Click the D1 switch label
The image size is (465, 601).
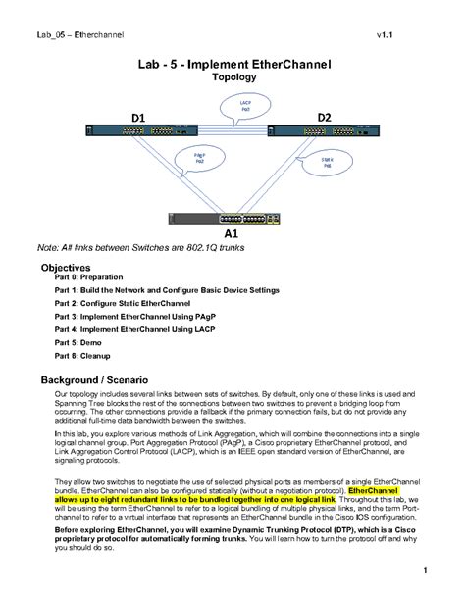pyautogui.click(x=138, y=118)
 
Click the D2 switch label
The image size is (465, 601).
pyautogui.click(x=325, y=117)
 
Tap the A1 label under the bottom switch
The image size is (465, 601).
pyautogui.click(x=232, y=235)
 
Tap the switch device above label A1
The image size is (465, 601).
pyautogui.click(x=231, y=219)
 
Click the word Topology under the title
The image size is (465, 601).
pyautogui.click(x=233, y=76)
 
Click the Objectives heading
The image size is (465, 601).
pyautogui.click(x=65, y=267)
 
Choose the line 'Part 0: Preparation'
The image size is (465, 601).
pyautogui.click(x=89, y=277)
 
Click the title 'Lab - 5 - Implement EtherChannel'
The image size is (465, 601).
pyautogui.click(x=233, y=63)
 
